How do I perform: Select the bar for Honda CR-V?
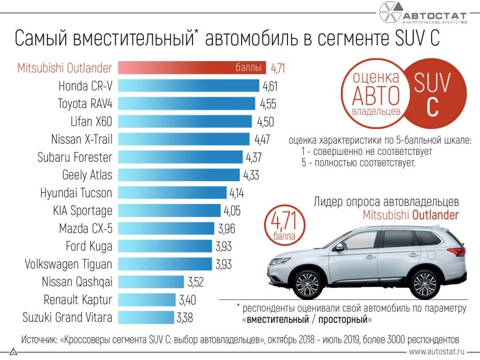pos(189,86)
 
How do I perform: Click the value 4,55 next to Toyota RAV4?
pos(270,104)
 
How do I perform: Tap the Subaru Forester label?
pos(74,157)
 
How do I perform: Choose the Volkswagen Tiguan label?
pos(69,264)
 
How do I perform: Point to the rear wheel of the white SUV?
pos(424,283)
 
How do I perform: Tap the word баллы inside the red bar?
pos(249,69)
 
